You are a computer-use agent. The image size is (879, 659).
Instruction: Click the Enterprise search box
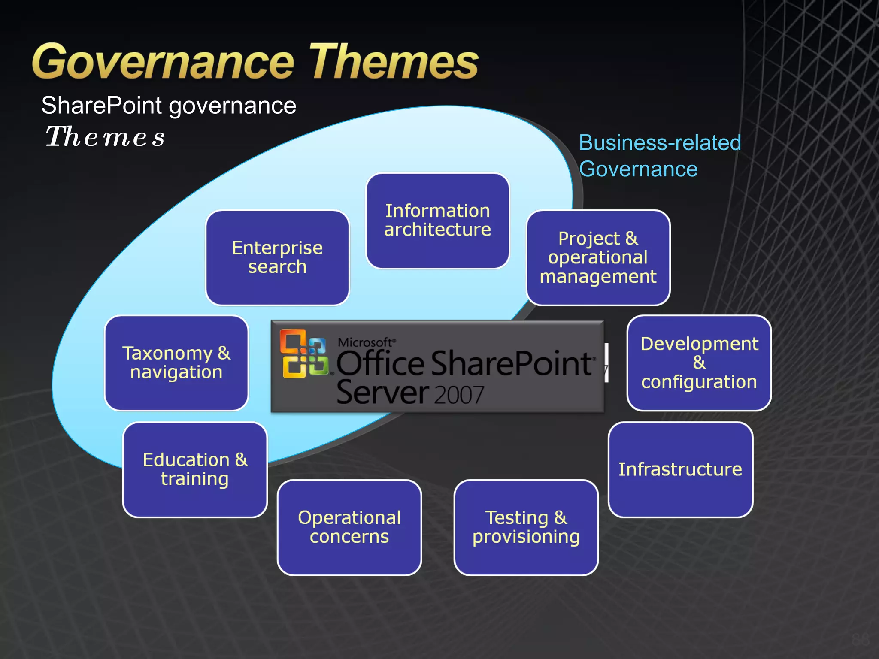pos(277,257)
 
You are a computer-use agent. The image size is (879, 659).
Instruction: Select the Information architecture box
pos(437,221)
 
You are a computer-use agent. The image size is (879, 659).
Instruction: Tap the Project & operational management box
pos(598,257)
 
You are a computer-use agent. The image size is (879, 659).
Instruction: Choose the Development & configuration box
pos(699,363)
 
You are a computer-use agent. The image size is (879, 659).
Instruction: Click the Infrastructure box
pos(680,469)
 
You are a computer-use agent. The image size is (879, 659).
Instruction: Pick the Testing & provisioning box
pos(526,527)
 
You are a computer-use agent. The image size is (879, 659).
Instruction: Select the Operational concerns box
pos(349,527)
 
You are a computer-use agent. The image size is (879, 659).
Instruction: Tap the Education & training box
pos(195,469)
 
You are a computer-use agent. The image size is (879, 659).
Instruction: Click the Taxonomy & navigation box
pos(176,363)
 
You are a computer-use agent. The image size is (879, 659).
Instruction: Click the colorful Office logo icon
pos(303,354)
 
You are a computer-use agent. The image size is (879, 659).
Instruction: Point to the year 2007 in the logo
pos(459,395)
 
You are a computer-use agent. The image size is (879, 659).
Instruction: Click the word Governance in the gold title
pos(163,62)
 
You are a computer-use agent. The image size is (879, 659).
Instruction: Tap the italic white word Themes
pos(105,137)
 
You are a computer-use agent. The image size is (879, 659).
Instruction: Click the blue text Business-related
pos(660,143)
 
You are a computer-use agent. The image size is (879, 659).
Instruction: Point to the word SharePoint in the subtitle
pos(102,106)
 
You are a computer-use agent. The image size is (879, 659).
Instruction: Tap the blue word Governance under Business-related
pos(638,169)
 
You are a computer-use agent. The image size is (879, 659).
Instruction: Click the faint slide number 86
pos(860,639)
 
